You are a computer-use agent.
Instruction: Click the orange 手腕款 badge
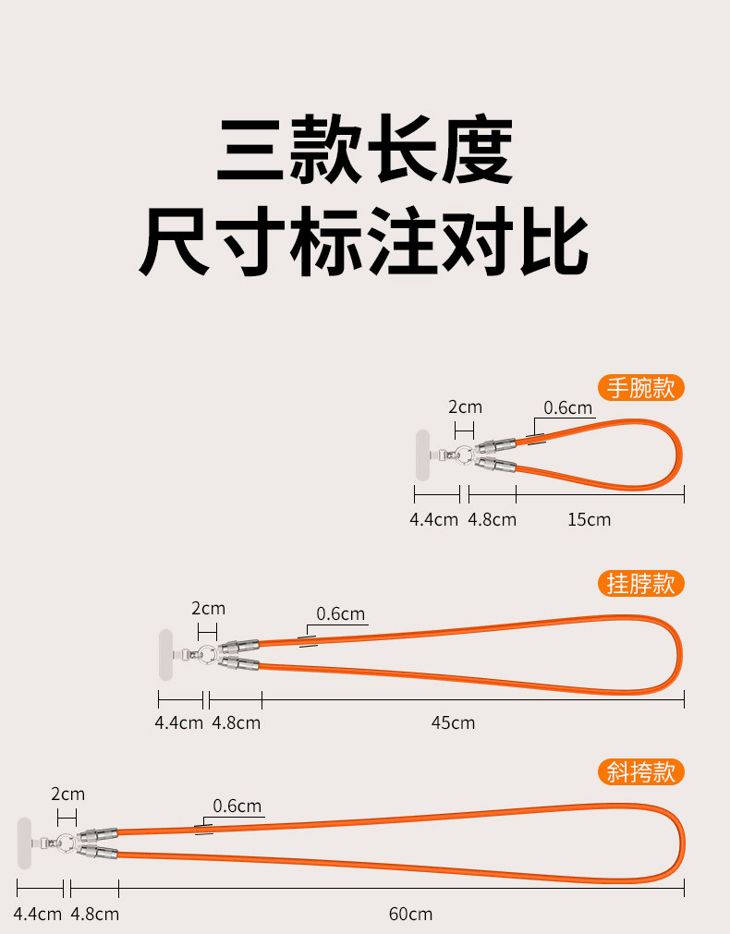click(x=641, y=387)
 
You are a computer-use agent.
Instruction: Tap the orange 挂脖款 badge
click(x=641, y=583)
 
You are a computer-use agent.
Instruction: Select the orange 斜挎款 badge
click(x=641, y=771)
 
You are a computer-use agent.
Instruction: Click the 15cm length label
click(x=589, y=519)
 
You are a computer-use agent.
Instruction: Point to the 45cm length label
click(x=453, y=722)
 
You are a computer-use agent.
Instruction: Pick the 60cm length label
click(x=410, y=914)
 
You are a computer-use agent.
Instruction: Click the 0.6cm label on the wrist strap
click(x=567, y=407)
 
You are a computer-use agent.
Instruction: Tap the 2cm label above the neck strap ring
click(x=208, y=608)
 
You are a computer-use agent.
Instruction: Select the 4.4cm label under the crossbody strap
click(x=38, y=914)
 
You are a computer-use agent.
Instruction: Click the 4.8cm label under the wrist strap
click(x=492, y=519)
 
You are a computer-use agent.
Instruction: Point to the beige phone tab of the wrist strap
click(x=422, y=455)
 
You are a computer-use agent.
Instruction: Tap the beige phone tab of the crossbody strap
click(x=25, y=843)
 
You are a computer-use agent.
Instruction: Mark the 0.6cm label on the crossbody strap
click(x=237, y=806)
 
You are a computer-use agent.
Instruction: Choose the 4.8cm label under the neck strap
click(x=237, y=722)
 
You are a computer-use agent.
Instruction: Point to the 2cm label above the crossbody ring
click(x=67, y=794)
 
